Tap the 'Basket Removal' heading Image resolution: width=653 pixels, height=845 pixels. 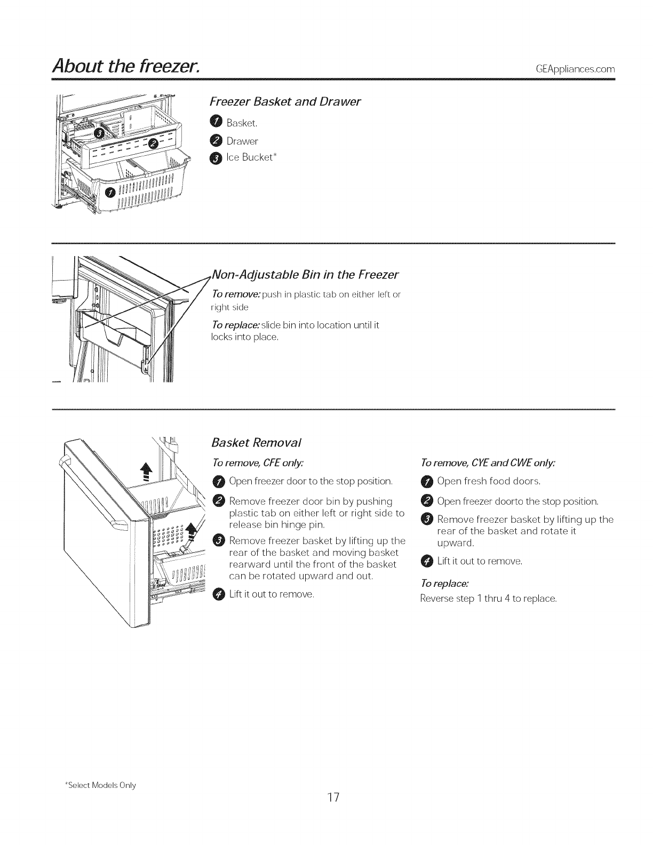coord(257,442)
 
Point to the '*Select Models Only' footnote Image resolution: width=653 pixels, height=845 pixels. coord(100,785)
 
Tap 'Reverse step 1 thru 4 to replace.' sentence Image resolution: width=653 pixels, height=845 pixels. coord(488,599)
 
